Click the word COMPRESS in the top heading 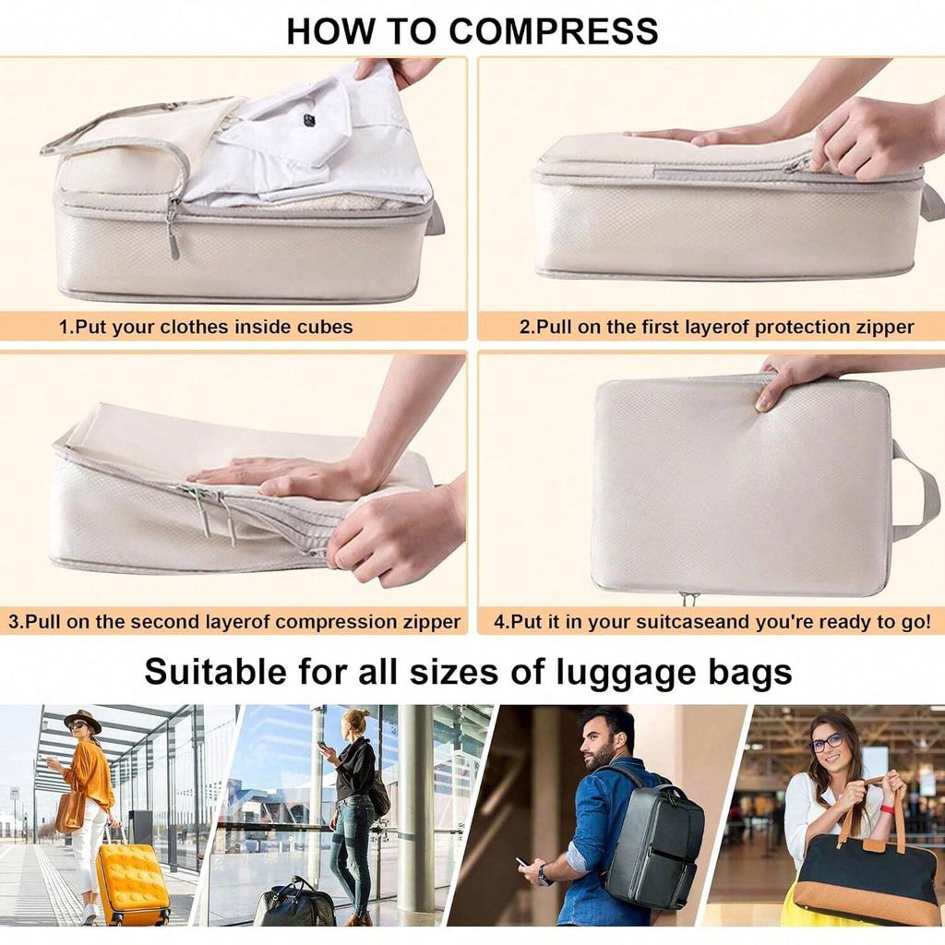[554, 30]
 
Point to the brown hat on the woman [82, 719]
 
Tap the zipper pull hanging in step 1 [173, 237]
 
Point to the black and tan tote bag [867, 878]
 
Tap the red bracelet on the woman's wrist [888, 809]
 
